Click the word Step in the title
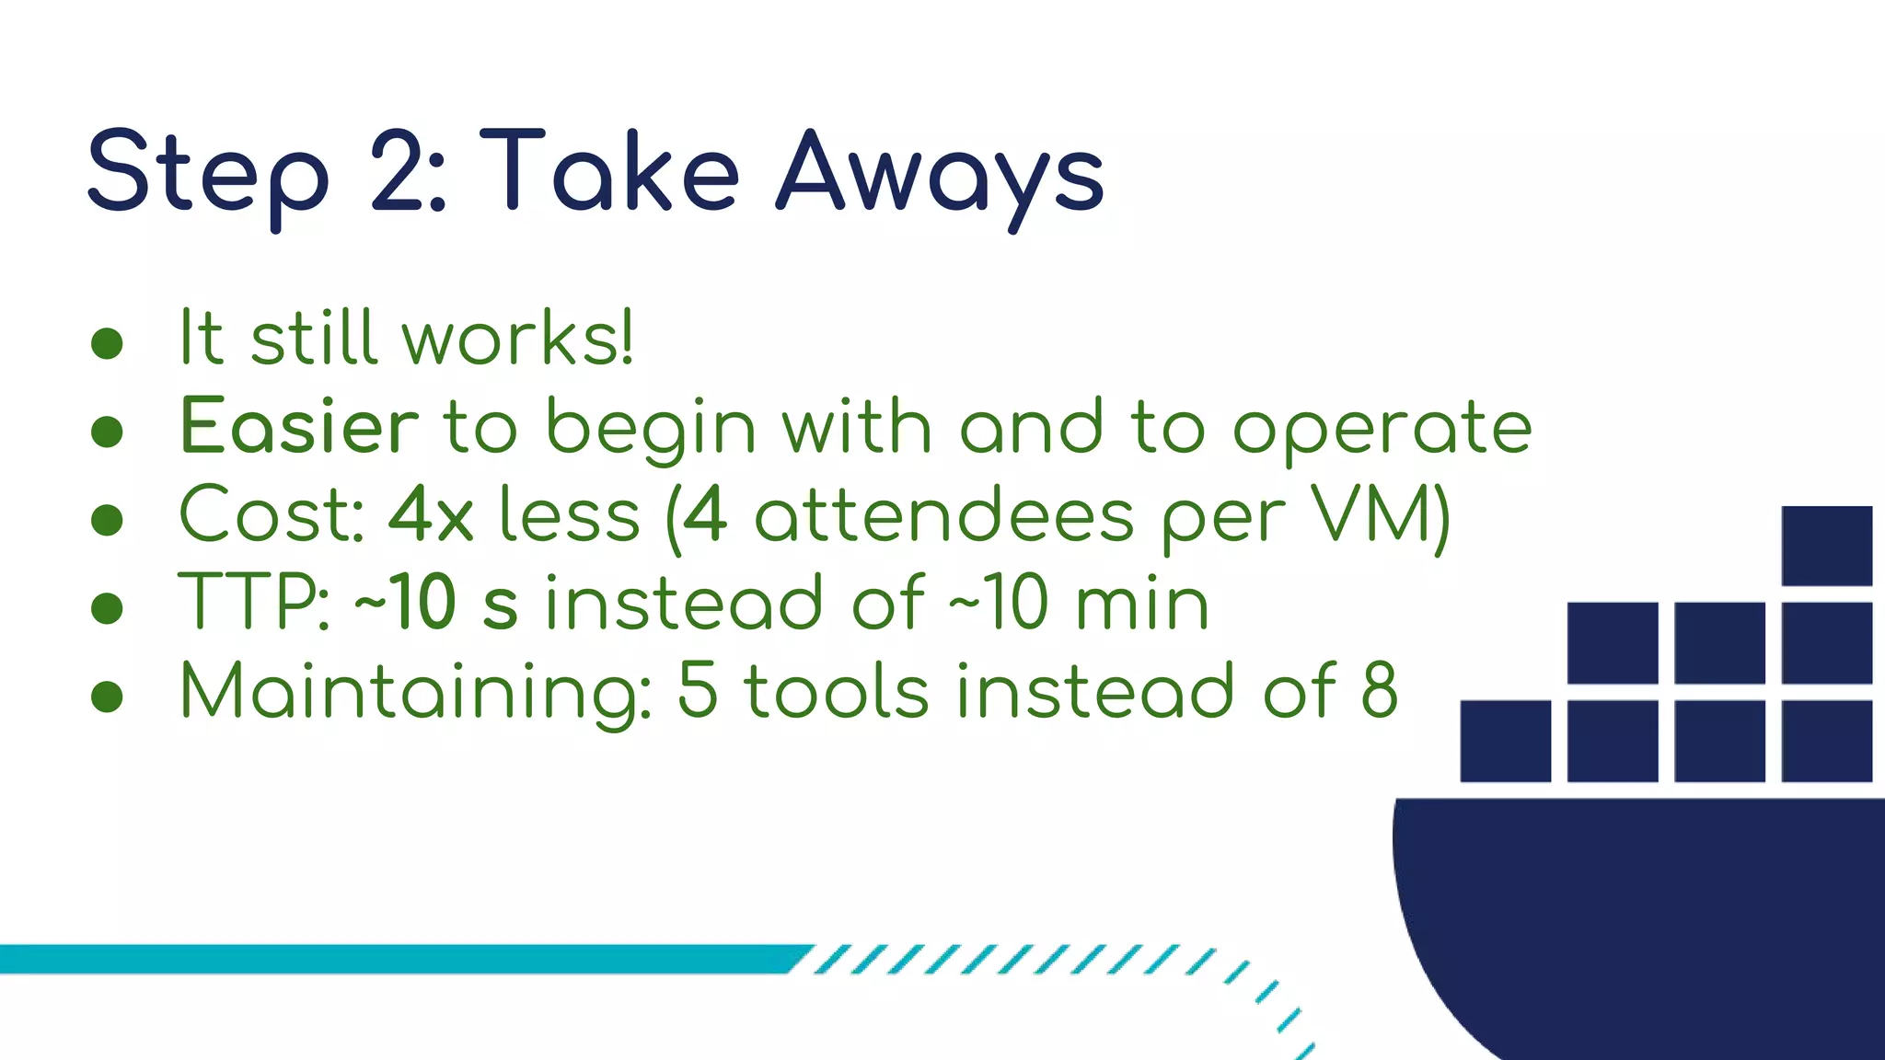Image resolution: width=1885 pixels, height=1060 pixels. coord(207,173)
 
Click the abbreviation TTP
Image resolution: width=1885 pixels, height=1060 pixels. coord(253,603)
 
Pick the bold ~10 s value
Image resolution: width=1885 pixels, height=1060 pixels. coord(435,603)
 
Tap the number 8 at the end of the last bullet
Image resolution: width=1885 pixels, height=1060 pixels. coord(1379,690)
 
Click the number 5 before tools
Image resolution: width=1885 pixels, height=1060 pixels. coord(697,690)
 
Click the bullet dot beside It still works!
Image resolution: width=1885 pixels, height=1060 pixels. coord(108,343)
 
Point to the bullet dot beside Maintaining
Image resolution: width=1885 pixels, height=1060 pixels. coord(108,697)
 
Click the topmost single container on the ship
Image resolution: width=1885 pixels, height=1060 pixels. coord(1826,546)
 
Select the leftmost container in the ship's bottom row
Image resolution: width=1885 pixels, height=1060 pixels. coord(1505,741)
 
